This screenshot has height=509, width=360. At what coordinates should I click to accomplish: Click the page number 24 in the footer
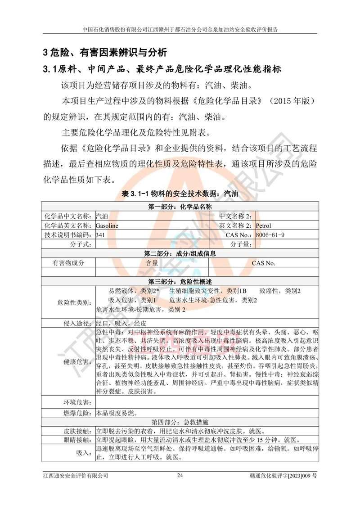[180, 475]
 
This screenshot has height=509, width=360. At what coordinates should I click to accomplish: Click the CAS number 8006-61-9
[270, 235]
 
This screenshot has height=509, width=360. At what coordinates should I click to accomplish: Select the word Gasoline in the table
[107, 225]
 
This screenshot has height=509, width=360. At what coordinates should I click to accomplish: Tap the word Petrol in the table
[264, 225]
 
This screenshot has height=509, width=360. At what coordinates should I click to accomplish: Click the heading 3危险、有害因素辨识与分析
[105, 52]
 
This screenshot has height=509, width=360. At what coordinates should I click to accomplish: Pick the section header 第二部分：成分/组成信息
[180, 253]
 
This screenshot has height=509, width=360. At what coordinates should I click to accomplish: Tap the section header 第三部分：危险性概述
[180, 281]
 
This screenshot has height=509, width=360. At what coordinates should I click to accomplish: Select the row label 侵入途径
[77, 323]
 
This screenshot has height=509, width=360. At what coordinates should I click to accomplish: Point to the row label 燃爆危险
[77, 412]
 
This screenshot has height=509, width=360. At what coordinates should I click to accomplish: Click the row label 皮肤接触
[77, 431]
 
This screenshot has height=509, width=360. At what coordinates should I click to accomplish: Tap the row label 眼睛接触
[77, 440]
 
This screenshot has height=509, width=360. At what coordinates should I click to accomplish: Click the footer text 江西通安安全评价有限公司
[76, 475]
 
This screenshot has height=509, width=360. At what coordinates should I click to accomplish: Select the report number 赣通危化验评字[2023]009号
[283, 475]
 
